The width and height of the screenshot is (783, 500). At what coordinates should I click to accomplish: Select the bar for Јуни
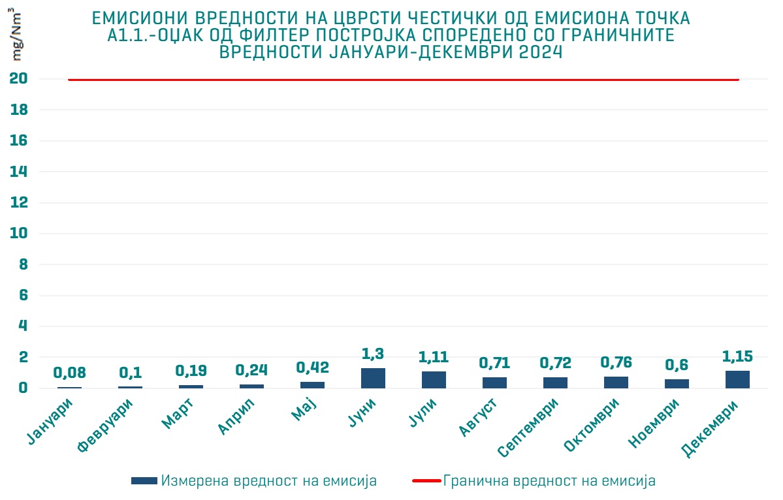(x=373, y=378)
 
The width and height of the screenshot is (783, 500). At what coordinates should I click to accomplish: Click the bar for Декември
(x=737, y=379)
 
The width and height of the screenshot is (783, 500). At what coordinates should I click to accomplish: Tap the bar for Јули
(x=434, y=380)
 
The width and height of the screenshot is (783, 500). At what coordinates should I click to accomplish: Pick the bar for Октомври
(x=616, y=383)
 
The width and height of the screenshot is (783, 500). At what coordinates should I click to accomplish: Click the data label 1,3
(x=373, y=354)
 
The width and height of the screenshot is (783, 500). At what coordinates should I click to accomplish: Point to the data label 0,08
(x=69, y=373)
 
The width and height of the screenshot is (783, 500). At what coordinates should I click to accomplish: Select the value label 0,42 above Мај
(x=312, y=367)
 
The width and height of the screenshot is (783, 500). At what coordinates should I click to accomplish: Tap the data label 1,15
(x=737, y=356)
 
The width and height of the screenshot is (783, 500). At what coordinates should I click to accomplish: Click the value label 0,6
(x=677, y=365)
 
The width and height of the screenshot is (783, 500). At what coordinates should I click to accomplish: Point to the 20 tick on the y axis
(x=18, y=79)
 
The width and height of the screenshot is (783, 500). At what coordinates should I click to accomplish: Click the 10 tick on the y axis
(x=18, y=234)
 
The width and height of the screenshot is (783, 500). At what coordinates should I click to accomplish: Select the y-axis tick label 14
(x=18, y=172)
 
